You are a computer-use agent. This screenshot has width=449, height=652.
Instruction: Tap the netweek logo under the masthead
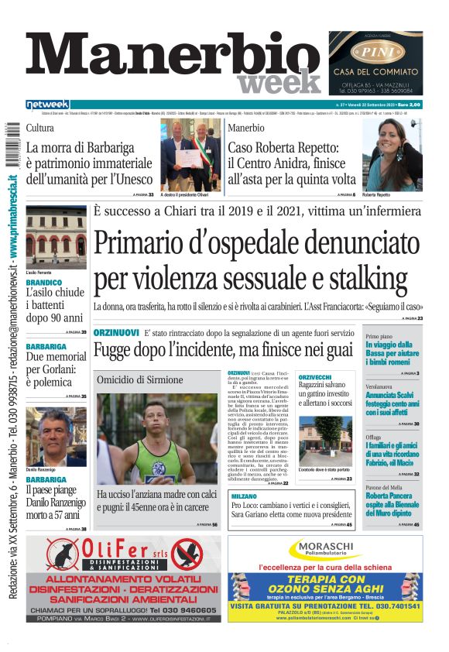[48, 105]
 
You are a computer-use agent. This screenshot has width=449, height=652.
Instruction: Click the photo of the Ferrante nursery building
[56, 236]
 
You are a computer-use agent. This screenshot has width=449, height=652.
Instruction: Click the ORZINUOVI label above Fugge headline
[116, 332]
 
